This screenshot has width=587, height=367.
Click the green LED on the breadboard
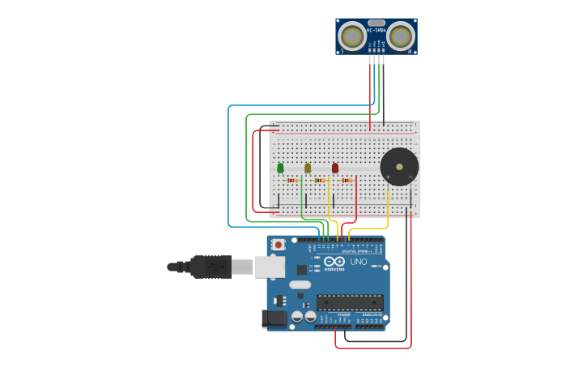[x=280, y=168]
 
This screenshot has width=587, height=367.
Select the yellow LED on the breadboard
[x=308, y=168]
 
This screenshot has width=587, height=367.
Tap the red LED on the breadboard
[x=335, y=168]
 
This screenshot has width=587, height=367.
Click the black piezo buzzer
[x=399, y=166]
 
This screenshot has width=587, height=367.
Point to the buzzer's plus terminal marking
[x=388, y=176]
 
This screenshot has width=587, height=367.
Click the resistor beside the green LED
[x=292, y=180]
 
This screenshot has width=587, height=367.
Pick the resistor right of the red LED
[x=347, y=180]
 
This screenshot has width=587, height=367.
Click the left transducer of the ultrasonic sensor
[x=352, y=36]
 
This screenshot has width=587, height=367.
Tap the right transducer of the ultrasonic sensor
[x=400, y=36]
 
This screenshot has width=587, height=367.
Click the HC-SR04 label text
[x=376, y=31]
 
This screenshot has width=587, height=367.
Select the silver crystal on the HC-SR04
[x=376, y=23]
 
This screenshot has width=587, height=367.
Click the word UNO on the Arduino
[x=359, y=262]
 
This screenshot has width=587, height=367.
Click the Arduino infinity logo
[x=334, y=262]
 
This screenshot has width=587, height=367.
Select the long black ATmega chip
[x=350, y=302]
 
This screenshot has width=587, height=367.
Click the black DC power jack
[x=275, y=319]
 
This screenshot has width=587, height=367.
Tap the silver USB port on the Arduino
[x=270, y=266]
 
